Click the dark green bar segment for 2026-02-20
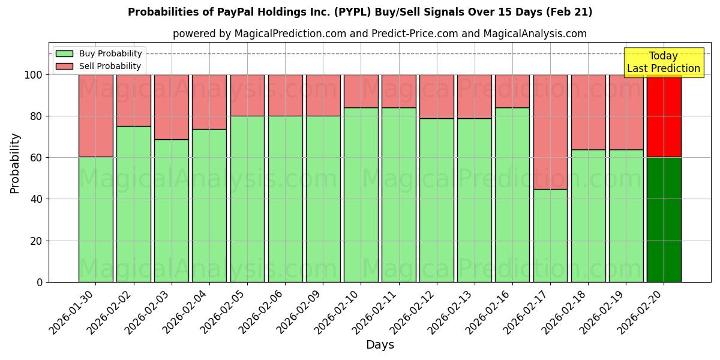pyautogui.click(x=664, y=220)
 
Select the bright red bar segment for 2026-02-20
pyautogui.click(x=664, y=116)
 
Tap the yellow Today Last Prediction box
pyautogui.click(x=663, y=62)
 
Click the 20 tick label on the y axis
pyautogui.click(x=38, y=241)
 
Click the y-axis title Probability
pyautogui.click(x=15, y=163)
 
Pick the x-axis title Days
pyautogui.click(x=380, y=345)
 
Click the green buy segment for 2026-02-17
pyautogui.click(x=550, y=235)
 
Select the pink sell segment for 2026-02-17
pyautogui.click(x=550, y=132)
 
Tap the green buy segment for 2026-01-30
pyautogui.click(x=95, y=219)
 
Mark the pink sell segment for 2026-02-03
pyautogui.click(x=171, y=107)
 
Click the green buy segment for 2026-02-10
pyautogui.click(x=361, y=195)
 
